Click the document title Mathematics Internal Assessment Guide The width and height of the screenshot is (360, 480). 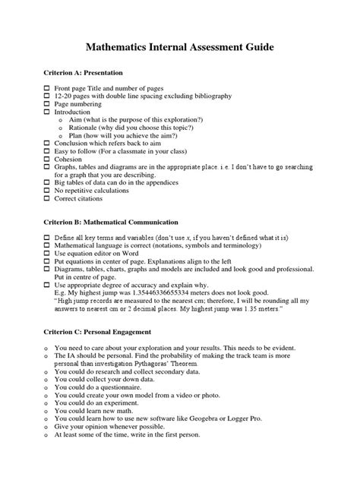click(180, 47)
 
